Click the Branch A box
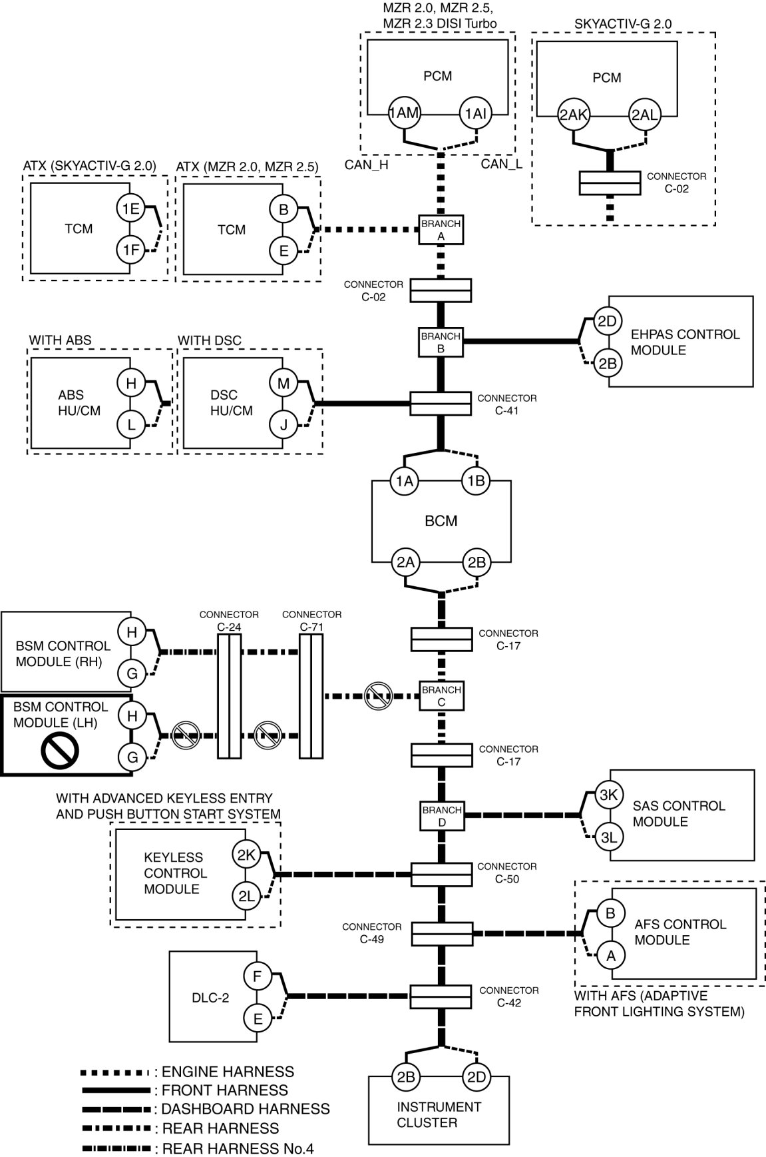pos(441,229)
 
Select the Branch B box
pos(441,342)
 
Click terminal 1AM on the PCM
pos(404,113)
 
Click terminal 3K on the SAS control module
pos(608,795)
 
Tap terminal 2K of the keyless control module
pos(246,856)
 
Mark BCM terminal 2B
pos(477,562)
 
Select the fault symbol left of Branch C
pos(378,697)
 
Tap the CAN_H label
pos(366,165)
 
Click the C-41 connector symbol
pos(441,404)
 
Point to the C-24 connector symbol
pos(229,696)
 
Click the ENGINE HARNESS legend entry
pos(187,1072)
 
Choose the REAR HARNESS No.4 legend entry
pos(197,1148)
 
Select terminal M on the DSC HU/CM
pos(284,383)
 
